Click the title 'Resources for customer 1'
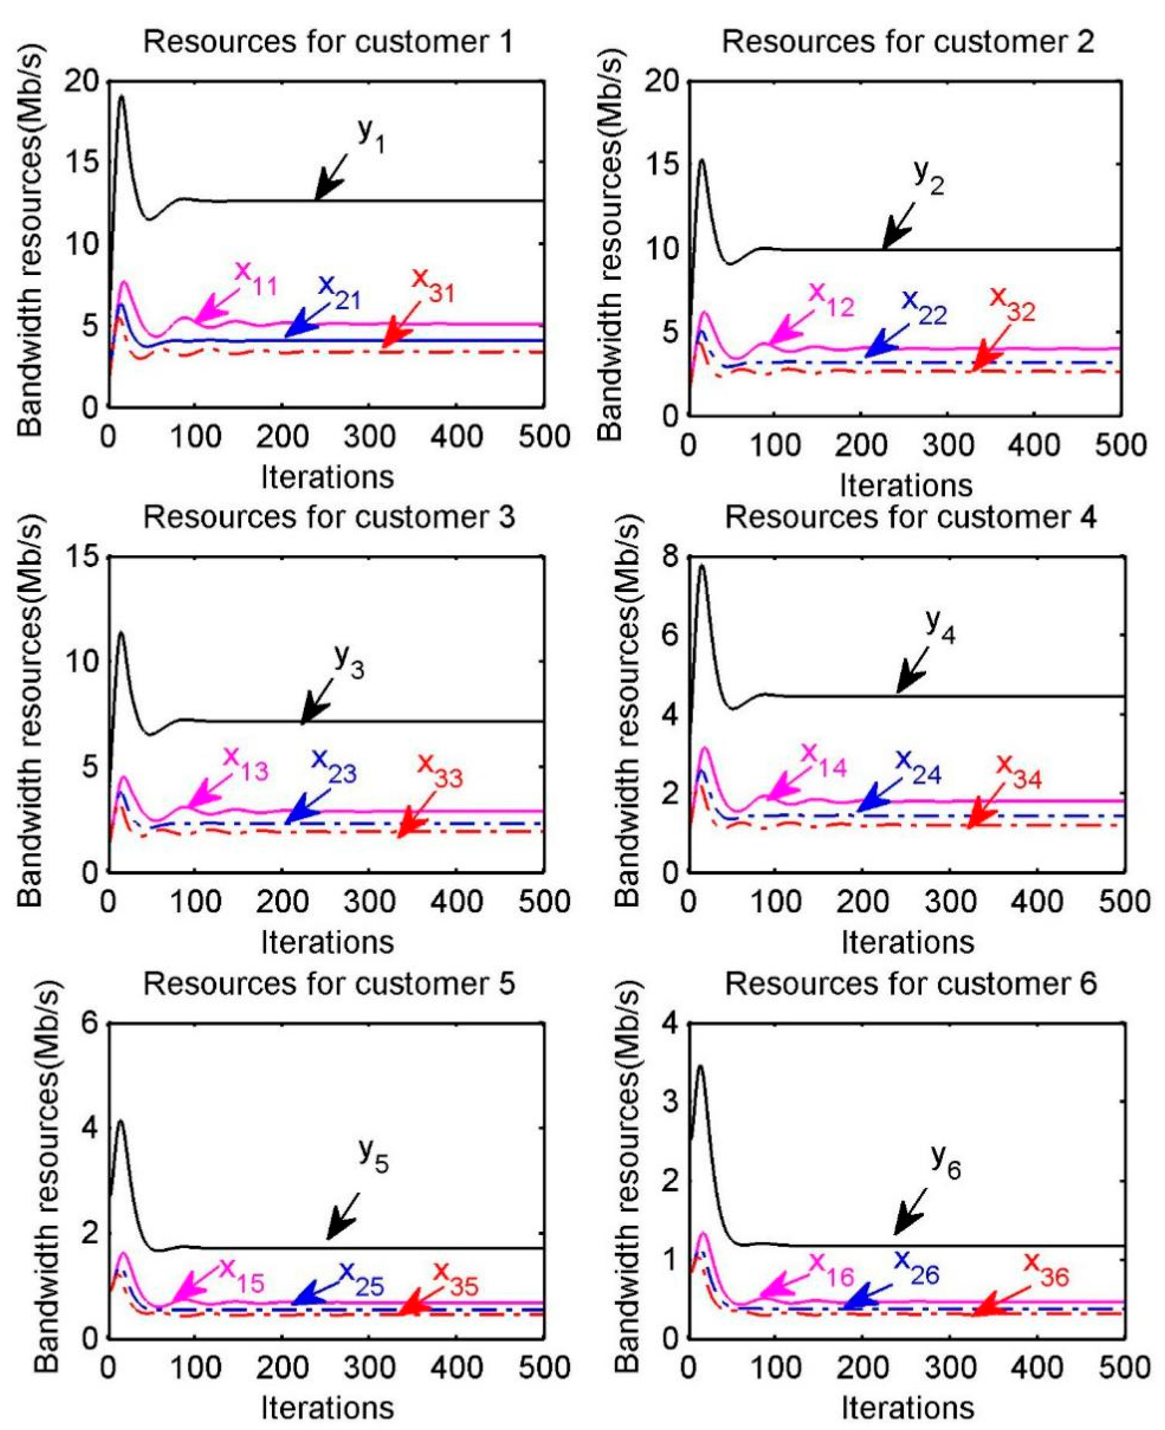[328, 42]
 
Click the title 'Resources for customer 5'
[329, 984]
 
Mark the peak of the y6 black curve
[700, 1066]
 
